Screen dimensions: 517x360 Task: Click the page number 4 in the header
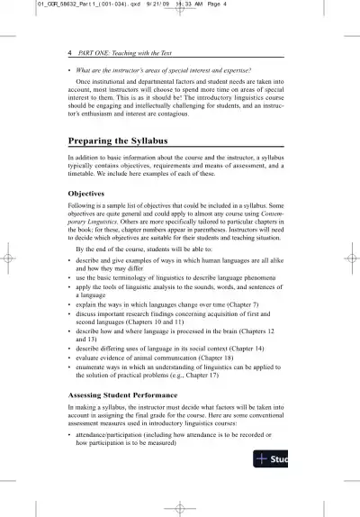pyautogui.click(x=70, y=54)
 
